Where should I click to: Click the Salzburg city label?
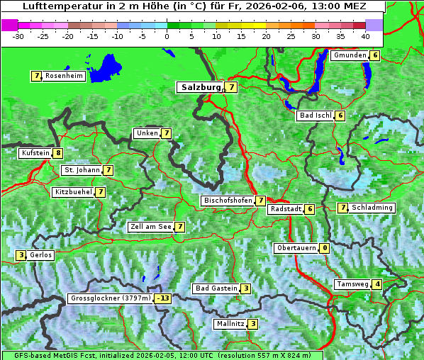201,87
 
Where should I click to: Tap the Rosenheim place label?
64,76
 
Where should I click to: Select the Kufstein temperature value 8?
58,153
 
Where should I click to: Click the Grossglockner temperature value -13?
164,298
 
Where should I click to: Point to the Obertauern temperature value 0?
324,248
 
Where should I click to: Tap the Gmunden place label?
350,55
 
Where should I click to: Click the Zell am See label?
150,227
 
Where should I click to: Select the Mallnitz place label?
230,324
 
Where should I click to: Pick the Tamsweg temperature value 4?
378,284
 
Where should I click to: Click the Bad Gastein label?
216,288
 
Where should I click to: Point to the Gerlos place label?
41,255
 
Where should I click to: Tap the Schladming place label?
372,208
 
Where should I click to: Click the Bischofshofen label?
228,201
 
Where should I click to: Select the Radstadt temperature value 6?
310,209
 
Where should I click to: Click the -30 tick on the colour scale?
18,35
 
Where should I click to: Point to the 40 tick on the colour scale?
365,35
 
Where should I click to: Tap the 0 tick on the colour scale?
167,35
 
